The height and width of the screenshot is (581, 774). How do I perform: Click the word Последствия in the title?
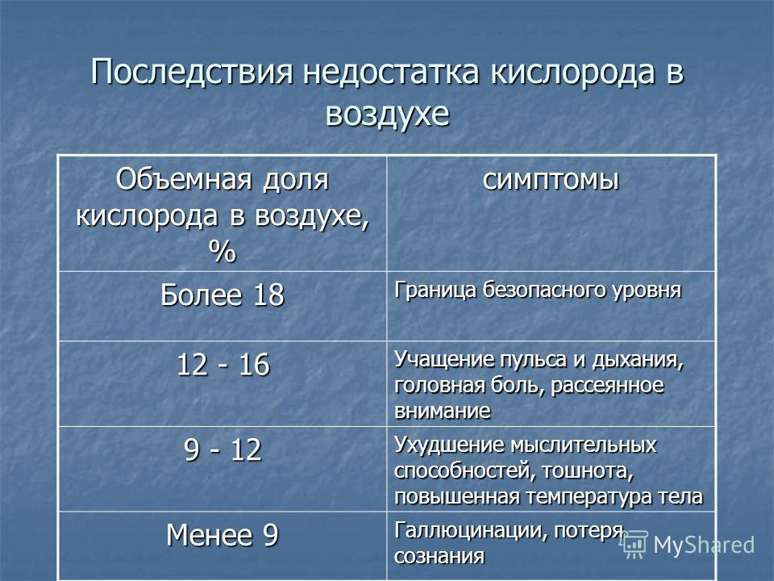click(x=192, y=71)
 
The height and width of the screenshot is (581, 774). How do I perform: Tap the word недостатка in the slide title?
click(x=391, y=71)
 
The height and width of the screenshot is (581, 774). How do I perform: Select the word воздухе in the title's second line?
click(x=388, y=114)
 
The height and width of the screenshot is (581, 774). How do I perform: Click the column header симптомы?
click(x=551, y=179)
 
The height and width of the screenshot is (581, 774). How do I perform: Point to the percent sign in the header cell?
click(x=223, y=251)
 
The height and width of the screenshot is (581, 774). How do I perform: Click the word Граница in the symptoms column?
click(x=436, y=290)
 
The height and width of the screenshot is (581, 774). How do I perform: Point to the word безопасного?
click(x=544, y=290)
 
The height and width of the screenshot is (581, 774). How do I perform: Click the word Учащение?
click(x=444, y=360)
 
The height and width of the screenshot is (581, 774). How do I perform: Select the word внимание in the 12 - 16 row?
click(x=443, y=411)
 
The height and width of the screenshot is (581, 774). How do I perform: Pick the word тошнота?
click(x=588, y=471)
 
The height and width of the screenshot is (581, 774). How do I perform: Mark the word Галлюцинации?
click(x=471, y=531)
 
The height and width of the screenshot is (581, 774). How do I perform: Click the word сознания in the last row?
click(x=439, y=557)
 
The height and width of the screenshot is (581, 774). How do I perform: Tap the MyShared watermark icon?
click(x=634, y=545)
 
